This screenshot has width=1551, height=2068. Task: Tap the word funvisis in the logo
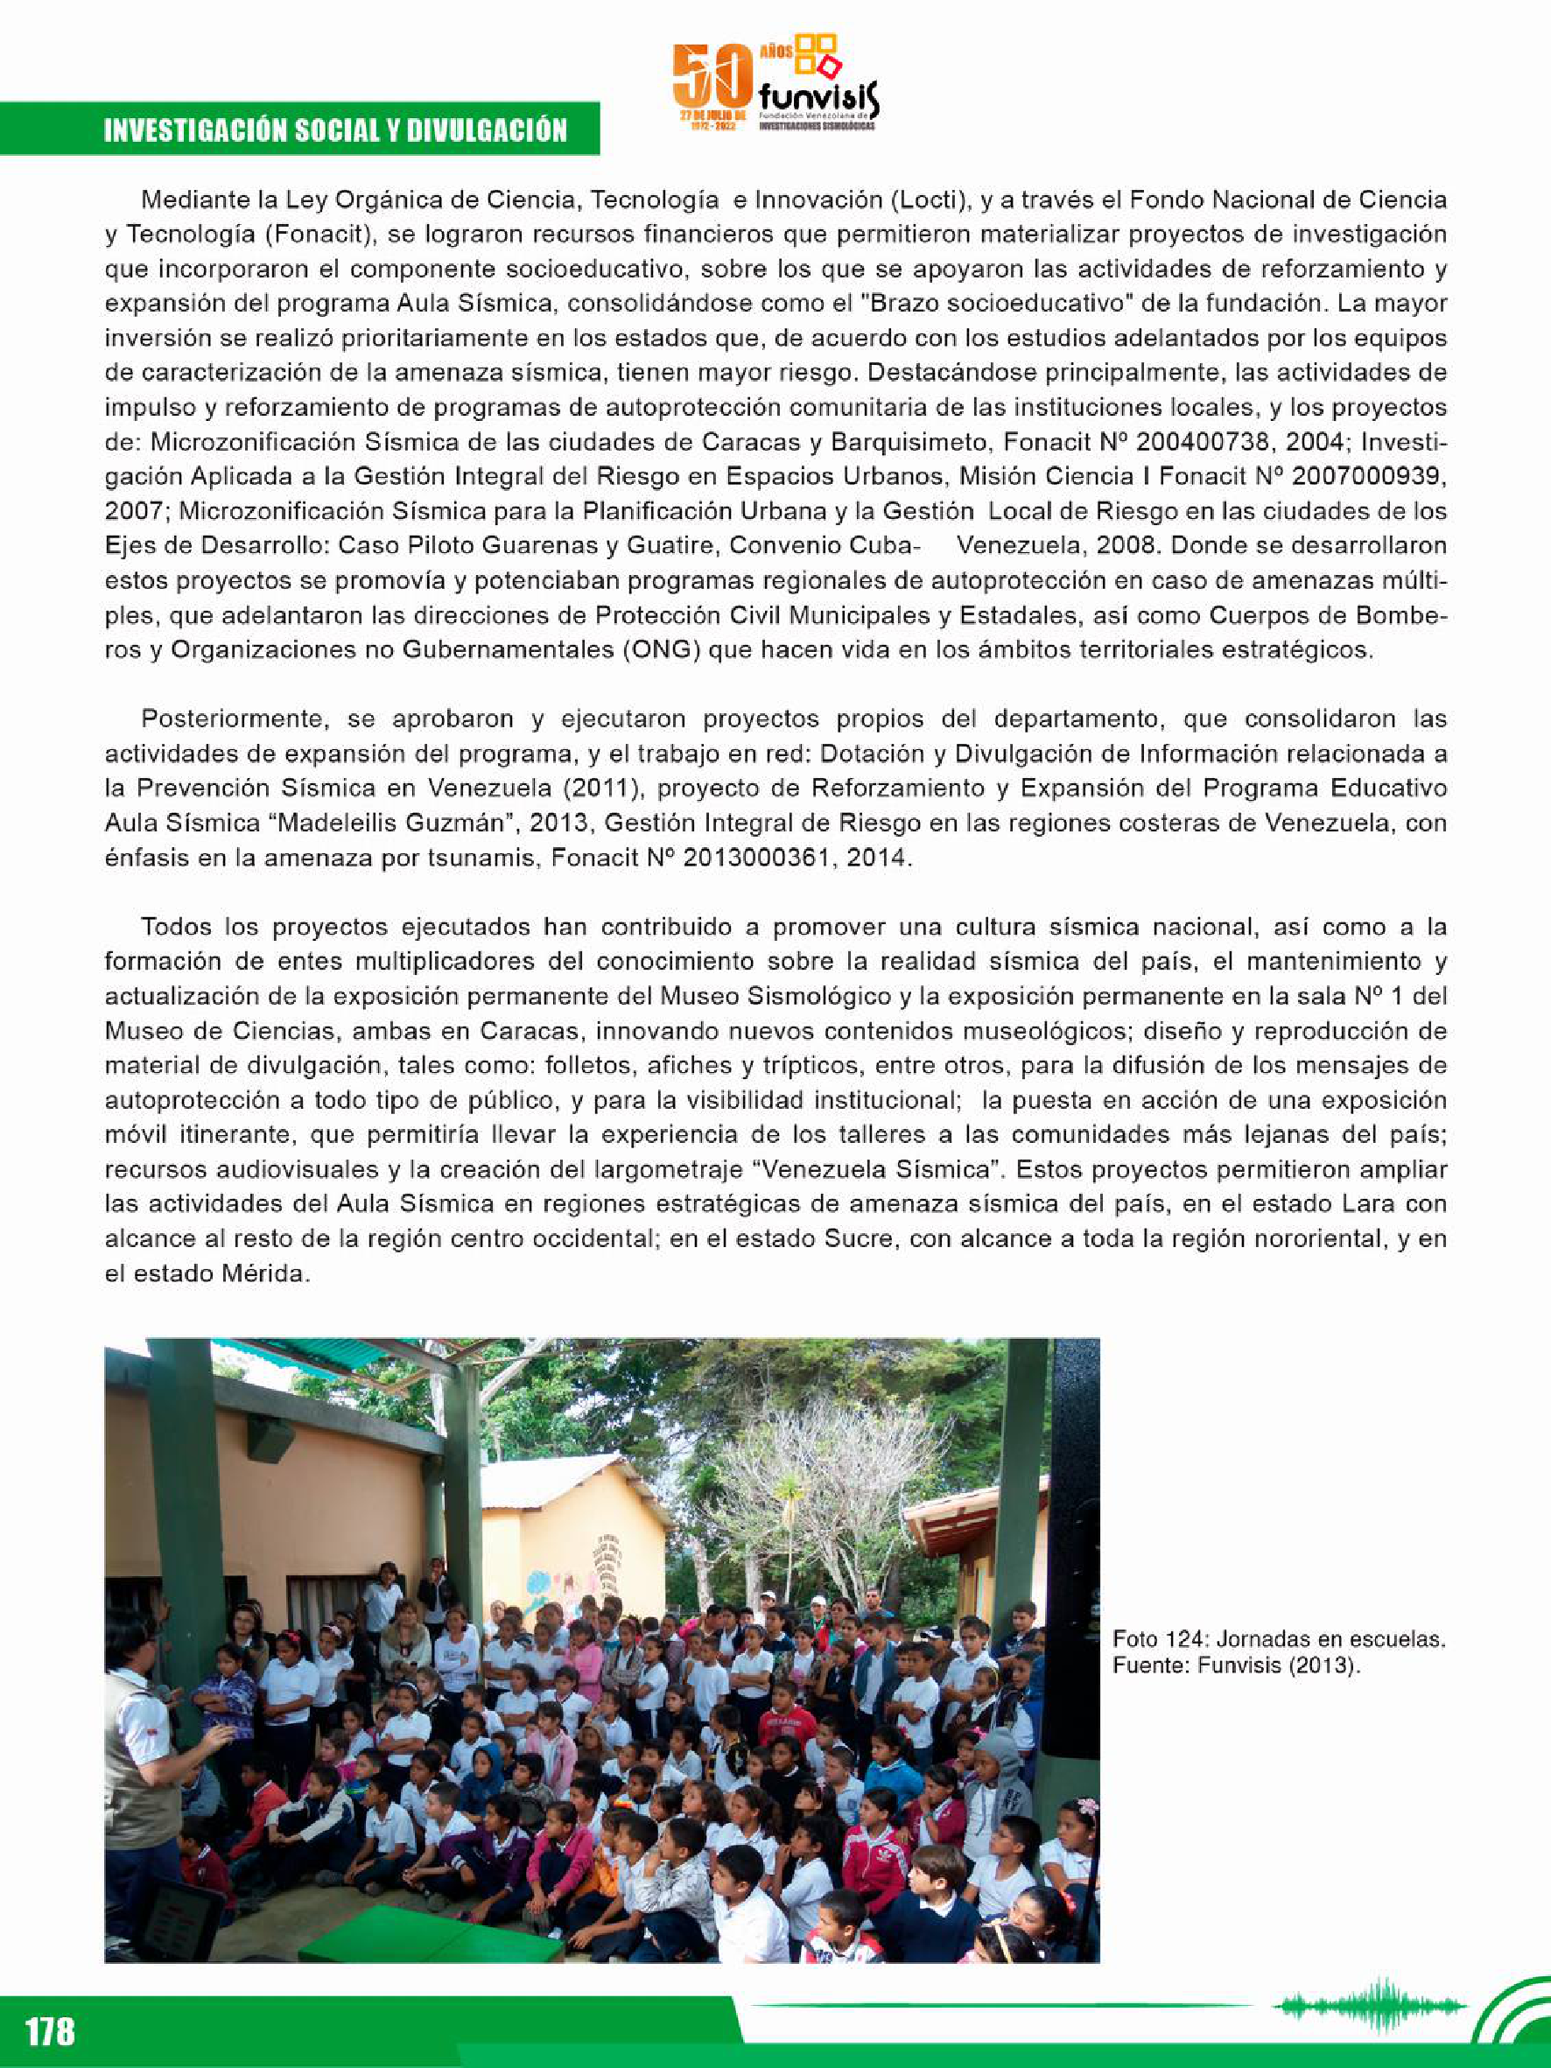point(818,96)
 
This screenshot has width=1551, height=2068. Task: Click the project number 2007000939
point(1368,477)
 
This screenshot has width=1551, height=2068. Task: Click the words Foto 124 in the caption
point(1147,1639)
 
